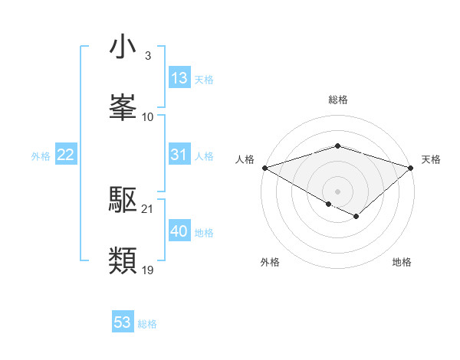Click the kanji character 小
(x=123, y=47)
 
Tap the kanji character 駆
(x=123, y=201)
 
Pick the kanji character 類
(x=123, y=260)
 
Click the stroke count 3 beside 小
(x=147, y=57)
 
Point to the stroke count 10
(x=148, y=116)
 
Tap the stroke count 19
(x=148, y=270)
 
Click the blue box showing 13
(x=179, y=79)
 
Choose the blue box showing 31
(x=179, y=155)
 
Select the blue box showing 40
(x=179, y=232)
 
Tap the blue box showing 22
(x=66, y=155)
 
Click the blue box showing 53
(x=123, y=322)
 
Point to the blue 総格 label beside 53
(x=147, y=324)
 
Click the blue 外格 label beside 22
(x=41, y=156)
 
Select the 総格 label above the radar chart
(x=337, y=100)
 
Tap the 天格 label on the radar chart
(x=431, y=159)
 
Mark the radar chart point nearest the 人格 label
(x=264, y=168)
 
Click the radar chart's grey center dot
(x=337, y=191)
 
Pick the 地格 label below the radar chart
(x=402, y=262)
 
